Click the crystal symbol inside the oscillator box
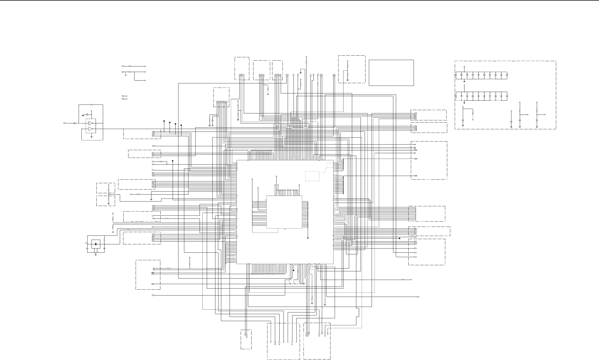[96, 244]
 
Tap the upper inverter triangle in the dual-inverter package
[91, 123]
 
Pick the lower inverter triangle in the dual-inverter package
[91, 129]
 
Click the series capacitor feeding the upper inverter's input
[74, 123]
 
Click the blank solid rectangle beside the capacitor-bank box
[391, 73]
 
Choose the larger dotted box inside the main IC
[312, 176]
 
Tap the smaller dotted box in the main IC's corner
[330, 165]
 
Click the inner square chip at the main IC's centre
[284, 212]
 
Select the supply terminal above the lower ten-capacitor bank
[464, 86]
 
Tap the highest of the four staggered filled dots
[164, 121]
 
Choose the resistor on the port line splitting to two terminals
[130, 72]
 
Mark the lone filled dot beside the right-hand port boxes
[399, 238]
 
